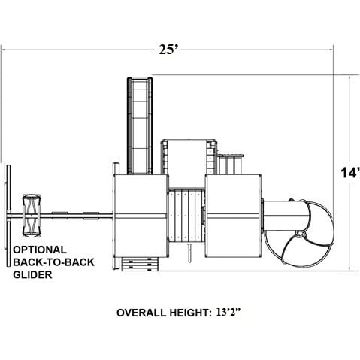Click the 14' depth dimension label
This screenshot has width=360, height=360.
pos(350,173)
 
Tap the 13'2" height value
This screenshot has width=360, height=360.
pos(228,313)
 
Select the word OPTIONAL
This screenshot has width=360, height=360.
pos(40,250)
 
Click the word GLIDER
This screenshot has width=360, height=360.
pos(32,274)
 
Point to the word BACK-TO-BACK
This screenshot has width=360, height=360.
pos(53,262)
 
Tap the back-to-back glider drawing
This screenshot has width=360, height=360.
pos(32,216)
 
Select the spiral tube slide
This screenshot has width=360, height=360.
pos(299,231)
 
